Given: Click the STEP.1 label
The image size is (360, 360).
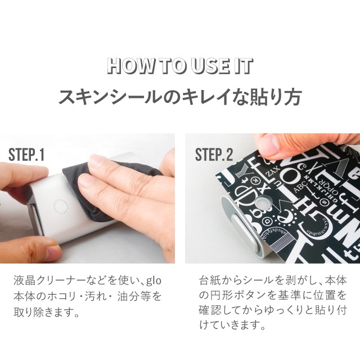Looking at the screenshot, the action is [26, 155].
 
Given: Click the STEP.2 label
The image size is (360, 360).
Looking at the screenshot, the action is [214, 155].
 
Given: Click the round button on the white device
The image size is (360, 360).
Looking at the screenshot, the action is [60, 206].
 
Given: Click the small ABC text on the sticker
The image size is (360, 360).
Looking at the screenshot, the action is [300, 187].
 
